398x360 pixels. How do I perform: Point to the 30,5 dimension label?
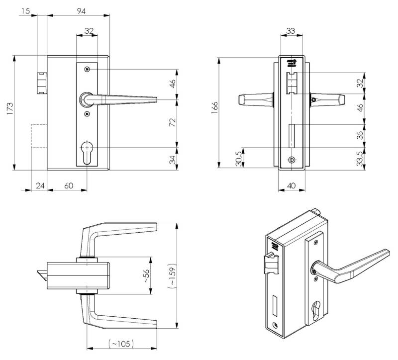239,158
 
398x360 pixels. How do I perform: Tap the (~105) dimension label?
121,344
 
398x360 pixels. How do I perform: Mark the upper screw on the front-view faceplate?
88,69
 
